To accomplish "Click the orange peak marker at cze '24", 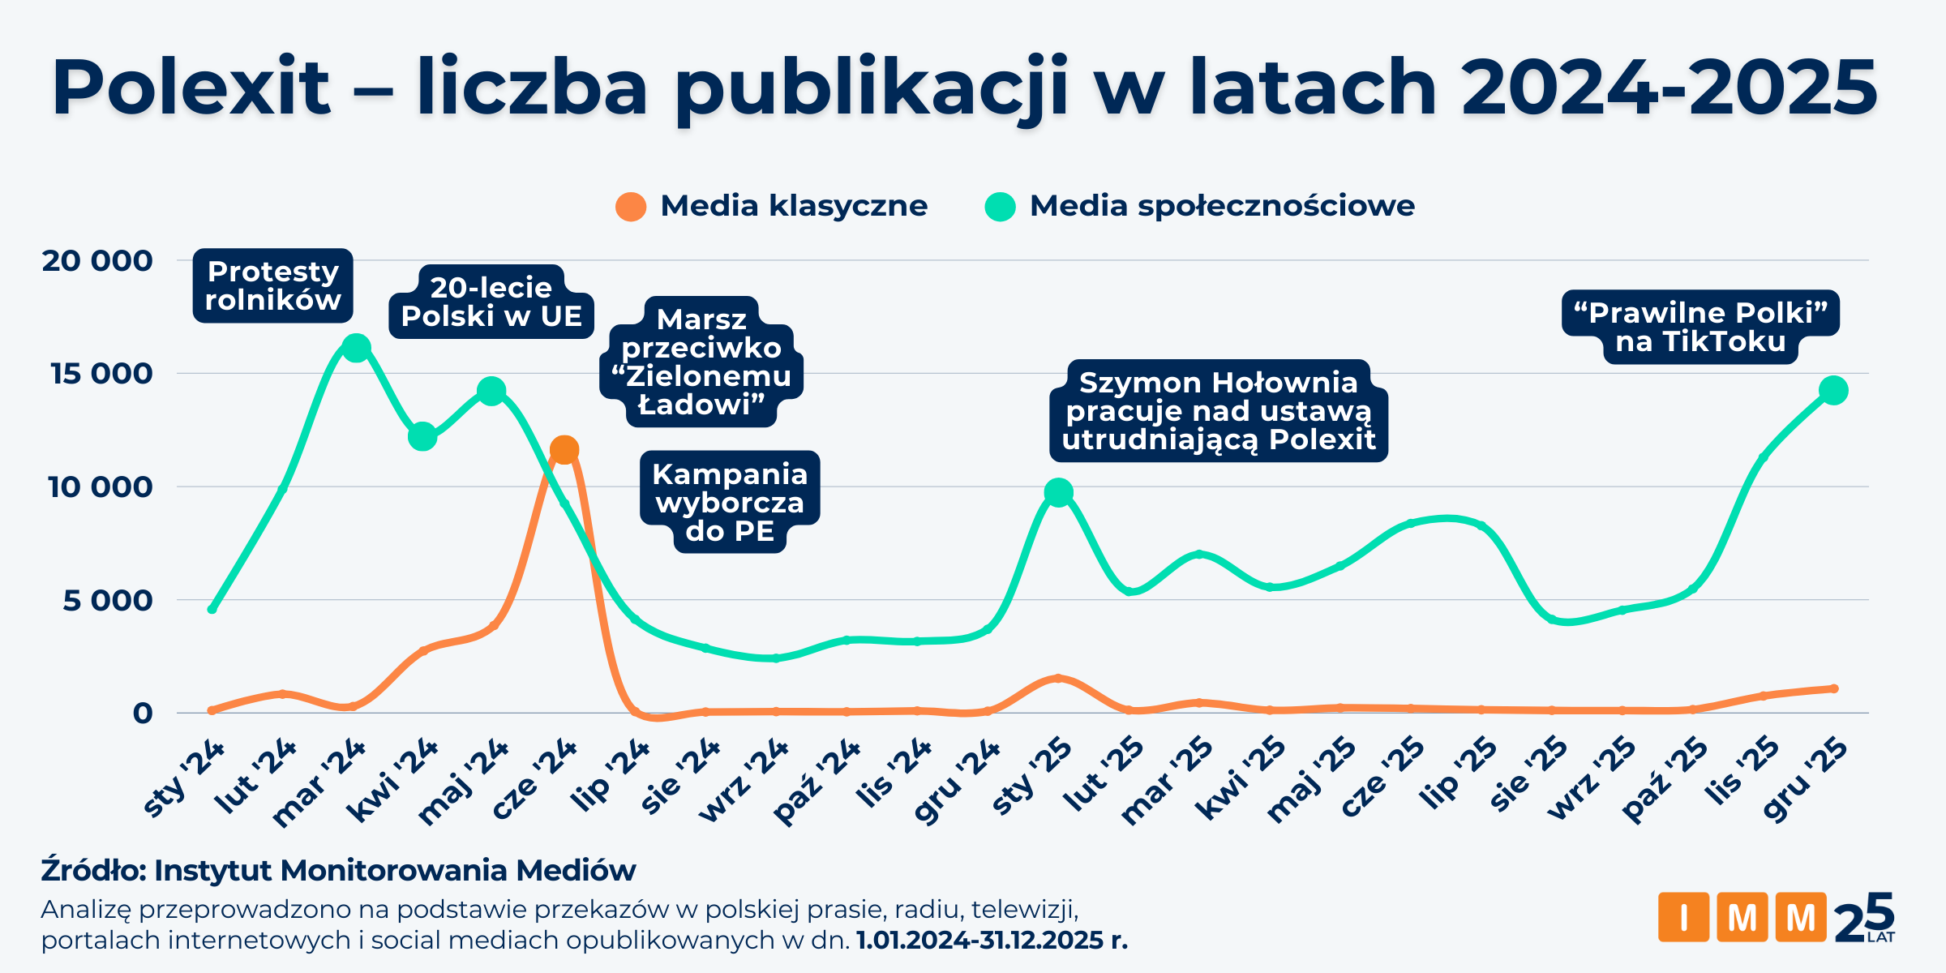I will pyautogui.click(x=564, y=450).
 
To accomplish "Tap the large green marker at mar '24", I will pyautogui.click(x=355, y=349).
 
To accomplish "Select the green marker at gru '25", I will pyautogui.click(x=1833, y=391).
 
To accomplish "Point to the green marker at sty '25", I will pyautogui.click(x=1058, y=492).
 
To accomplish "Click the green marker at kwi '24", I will pyautogui.click(x=422, y=437).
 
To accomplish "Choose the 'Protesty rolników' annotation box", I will pyautogui.click(x=272, y=285).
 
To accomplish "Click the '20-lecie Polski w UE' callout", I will pyautogui.click(x=491, y=302).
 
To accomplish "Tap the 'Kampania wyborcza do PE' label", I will pyautogui.click(x=730, y=502).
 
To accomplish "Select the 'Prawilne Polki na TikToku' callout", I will pyautogui.click(x=1700, y=327).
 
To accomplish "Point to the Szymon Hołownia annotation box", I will pyautogui.click(x=1218, y=411).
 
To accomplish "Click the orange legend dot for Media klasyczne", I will pyautogui.click(x=631, y=207).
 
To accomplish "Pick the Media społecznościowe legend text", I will pyautogui.click(x=1222, y=206).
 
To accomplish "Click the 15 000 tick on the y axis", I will pyautogui.click(x=101, y=374).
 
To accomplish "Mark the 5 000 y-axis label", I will pyautogui.click(x=107, y=601).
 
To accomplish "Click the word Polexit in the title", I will pyautogui.click(x=191, y=88).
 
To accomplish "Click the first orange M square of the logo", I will pyautogui.click(x=1742, y=917).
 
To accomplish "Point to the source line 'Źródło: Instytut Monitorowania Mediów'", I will pyautogui.click(x=338, y=870).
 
